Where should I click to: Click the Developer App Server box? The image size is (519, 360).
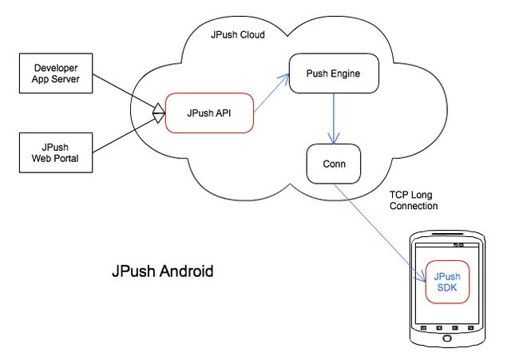[x=56, y=73]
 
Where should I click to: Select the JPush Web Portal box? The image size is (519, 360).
[x=56, y=152]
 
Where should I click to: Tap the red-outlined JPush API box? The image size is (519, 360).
[x=209, y=113]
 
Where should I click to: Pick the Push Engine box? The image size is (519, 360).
[x=334, y=73]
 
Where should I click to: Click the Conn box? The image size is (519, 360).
[x=334, y=164]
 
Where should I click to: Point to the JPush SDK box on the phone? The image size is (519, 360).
[x=447, y=282]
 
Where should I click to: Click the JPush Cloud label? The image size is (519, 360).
[x=238, y=35]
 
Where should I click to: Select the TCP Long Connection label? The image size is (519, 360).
[x=414, y=200]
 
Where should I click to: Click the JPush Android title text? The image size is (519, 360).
[x=163, y=271]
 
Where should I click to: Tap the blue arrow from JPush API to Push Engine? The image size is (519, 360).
[x=271, y=93]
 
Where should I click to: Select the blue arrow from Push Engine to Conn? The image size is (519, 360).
[x=334, y=118]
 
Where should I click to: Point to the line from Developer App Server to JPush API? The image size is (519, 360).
[x=129, y=93]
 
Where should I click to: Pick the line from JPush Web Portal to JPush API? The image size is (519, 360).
[x=129, y=133]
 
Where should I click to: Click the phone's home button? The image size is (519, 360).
[x=447, y=338]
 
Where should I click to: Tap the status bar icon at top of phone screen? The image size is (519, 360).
[x=458, y=245]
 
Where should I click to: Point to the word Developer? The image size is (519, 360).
[x=56, y=68]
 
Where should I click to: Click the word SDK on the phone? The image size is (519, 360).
[x=447, y=287]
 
